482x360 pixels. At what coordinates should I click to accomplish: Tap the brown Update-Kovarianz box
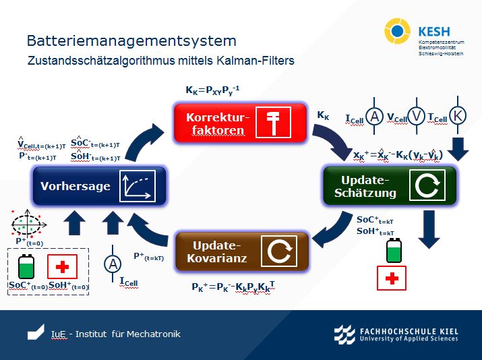242,251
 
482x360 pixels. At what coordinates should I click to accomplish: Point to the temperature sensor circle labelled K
458,116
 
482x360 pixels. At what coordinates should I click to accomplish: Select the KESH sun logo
397,31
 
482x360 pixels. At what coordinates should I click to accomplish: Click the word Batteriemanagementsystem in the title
131,41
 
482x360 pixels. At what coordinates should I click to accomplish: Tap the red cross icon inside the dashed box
63,266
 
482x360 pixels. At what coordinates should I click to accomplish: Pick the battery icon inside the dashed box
26,266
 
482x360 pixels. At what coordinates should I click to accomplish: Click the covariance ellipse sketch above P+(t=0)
26,223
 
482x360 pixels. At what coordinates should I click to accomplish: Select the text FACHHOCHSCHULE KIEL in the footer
410,331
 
